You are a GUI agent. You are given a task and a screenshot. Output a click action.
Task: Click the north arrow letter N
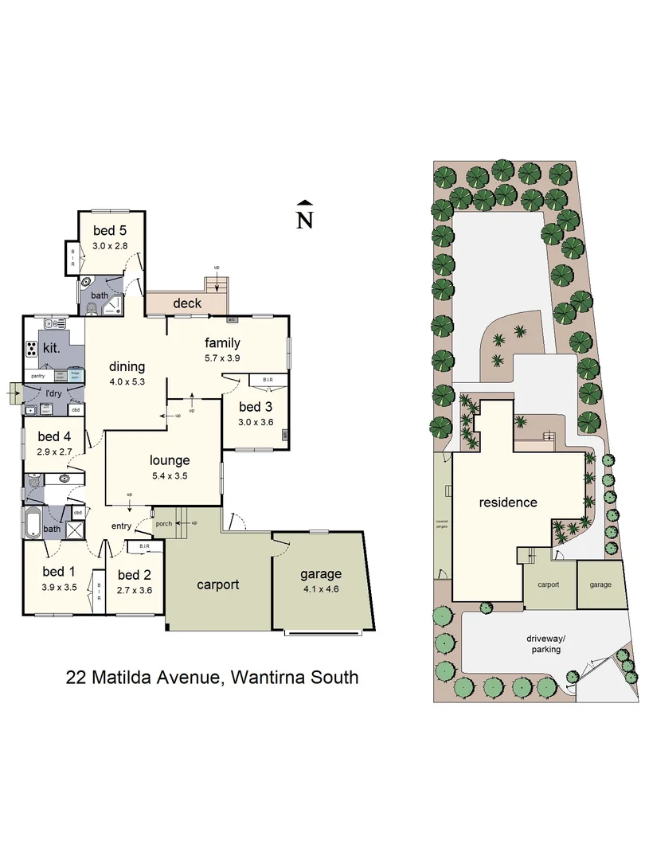304,220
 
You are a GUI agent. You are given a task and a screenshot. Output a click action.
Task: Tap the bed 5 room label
110,232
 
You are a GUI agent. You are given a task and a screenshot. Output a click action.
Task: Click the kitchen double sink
55,323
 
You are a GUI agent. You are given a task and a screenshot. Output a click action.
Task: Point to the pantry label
37,375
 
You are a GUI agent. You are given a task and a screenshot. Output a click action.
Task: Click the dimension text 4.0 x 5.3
127,381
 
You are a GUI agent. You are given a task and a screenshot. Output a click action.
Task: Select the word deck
187,303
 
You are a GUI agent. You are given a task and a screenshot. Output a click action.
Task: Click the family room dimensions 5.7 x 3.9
222,358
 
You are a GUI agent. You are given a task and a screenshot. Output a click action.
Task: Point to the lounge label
170,459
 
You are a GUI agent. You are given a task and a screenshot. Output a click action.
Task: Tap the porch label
164,523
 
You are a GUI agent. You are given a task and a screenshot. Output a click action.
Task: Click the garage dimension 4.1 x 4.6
320,590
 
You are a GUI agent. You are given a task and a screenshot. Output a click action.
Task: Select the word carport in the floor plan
218,584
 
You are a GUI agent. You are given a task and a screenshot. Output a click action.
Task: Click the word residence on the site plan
507,502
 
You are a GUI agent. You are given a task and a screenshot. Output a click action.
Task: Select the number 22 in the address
76,678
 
